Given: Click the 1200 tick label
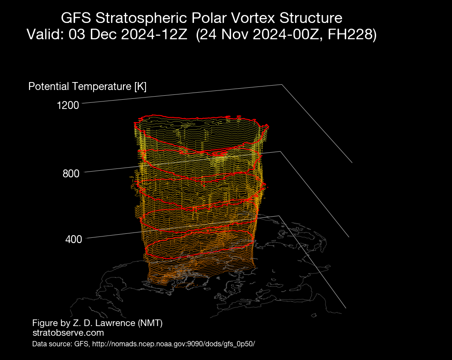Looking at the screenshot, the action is [68, 105].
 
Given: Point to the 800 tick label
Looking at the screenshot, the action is [71, 174].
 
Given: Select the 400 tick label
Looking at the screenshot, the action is [74, 239].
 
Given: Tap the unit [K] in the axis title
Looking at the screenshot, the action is [140, 86].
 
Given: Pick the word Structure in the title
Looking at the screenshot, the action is [311, 18].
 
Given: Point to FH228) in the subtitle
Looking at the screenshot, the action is [352, 34].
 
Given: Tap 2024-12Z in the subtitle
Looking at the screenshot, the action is [154, 34].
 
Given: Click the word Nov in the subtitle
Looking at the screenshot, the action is [235, 34].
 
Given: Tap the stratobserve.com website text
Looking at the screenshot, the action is [68, 333].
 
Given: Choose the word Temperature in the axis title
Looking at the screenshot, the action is [102, 86].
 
